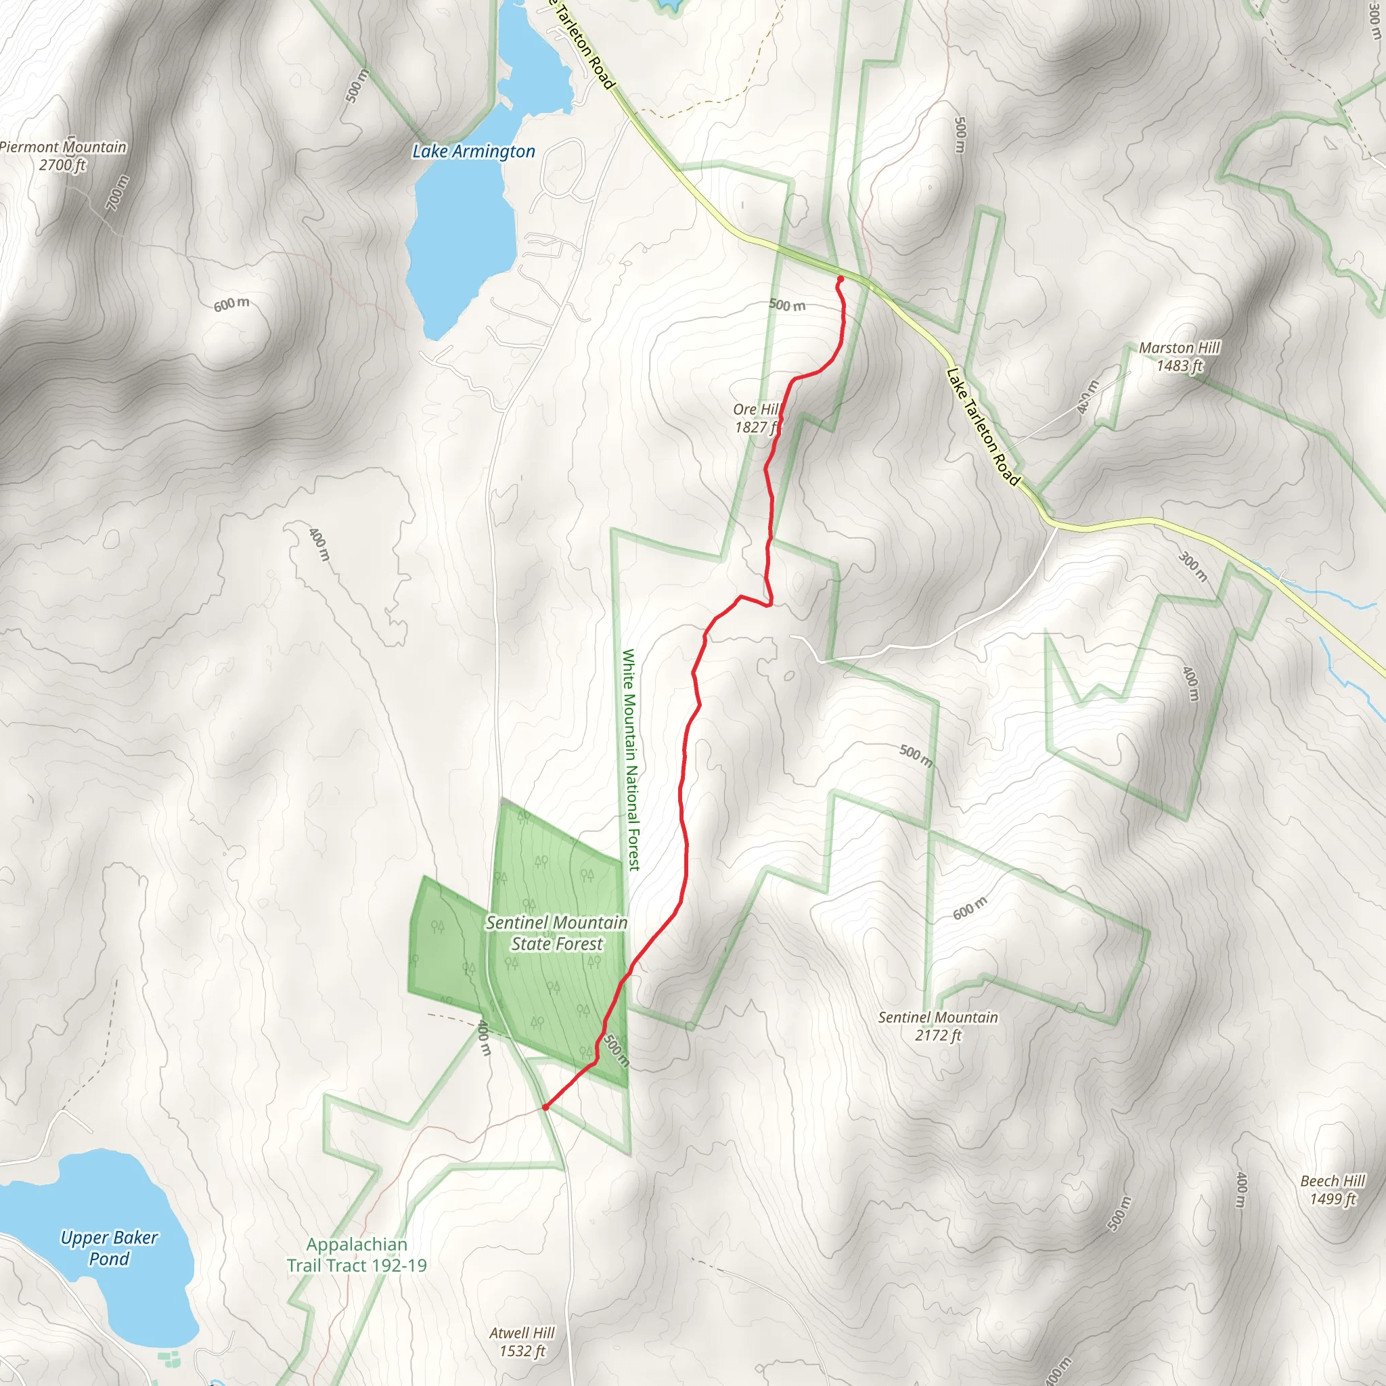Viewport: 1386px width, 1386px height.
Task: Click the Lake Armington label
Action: (x=474, y=152)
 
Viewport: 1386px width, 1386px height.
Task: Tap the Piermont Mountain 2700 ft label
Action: (x=63, y=156)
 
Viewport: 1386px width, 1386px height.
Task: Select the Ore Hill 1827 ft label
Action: (x=756, y=418)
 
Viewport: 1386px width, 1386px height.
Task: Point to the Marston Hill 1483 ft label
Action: (x=1179, y=357)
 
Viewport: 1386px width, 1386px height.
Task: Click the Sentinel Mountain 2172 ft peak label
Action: (x=937, y=1026)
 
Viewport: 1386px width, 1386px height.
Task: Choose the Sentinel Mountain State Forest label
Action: (x=557, y=933)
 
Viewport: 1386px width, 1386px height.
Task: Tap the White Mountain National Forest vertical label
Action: (x=630, y=760)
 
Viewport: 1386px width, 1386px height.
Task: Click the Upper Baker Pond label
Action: (x=109, y=1247)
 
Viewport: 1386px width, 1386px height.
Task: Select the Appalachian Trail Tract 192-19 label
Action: (x=357, y=1255)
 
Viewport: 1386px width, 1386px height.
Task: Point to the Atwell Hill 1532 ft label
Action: (x=522, y=1342)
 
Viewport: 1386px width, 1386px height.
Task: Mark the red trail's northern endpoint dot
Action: (x=840, y=279)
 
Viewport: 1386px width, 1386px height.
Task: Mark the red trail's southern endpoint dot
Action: (x=545, y=1107)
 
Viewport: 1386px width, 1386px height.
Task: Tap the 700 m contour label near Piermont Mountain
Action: (x=118, y=192)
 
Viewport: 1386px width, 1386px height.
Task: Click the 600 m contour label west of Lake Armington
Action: (x=231, y=304)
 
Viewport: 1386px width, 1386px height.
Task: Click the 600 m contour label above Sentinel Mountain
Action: (x=970, y=908)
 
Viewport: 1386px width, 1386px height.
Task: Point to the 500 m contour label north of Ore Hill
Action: (x=787, y=305)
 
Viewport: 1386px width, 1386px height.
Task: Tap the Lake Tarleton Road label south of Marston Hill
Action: (x=983, y=427)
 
